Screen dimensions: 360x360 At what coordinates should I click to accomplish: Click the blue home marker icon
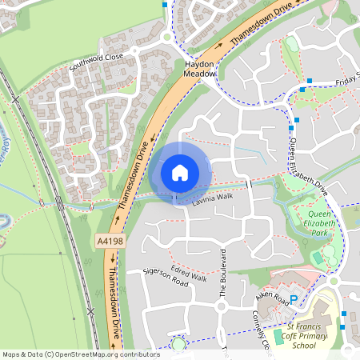[x=180, y=172]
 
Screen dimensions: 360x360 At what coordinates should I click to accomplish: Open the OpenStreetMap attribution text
[x=70, y=354]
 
